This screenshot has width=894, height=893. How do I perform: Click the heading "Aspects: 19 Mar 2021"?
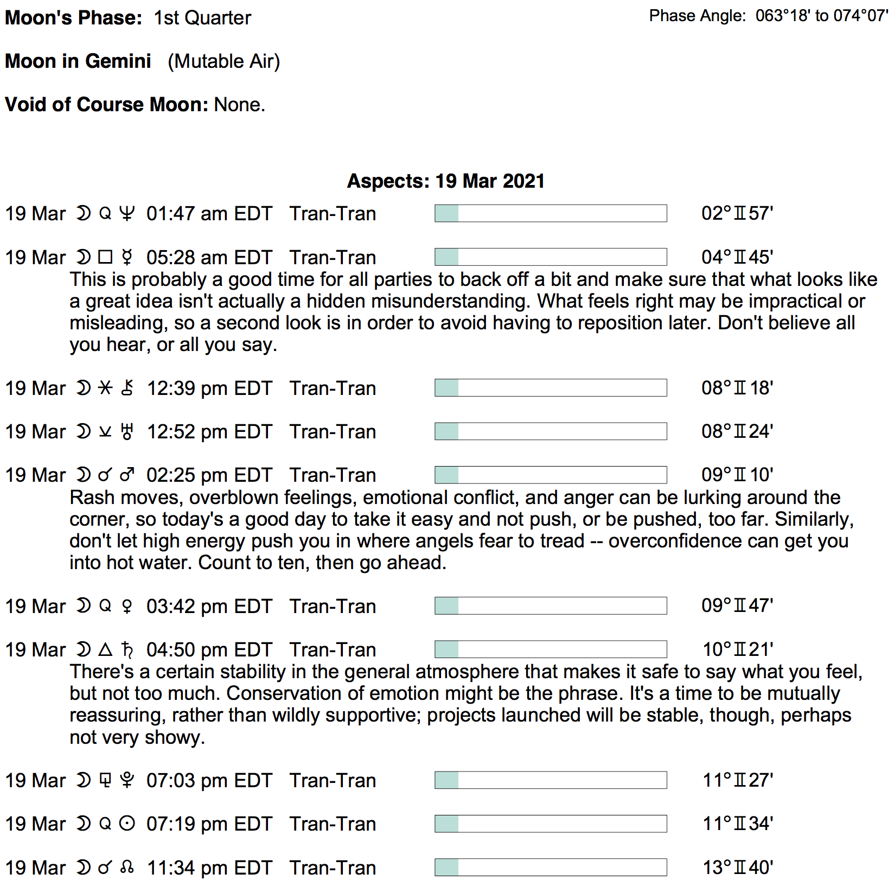click(x=446, y=181)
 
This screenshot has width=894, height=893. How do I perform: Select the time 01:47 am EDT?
click(x=209, y=214)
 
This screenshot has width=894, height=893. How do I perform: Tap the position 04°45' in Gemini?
click(x=737, y=257)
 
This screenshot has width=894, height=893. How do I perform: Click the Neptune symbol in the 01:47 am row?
click(x=127, y=214)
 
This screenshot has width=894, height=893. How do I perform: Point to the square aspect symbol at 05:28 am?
click(x=105, y=257)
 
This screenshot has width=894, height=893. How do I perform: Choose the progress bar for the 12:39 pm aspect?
click(x=551, y=388)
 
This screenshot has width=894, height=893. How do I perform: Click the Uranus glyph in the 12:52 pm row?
click(x=127, y=432)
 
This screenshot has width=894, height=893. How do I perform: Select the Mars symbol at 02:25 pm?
click(x=127, y=475)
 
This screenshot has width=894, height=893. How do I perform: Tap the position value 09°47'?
click(x=737, y=605)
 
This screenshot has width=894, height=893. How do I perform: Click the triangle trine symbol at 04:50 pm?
click(x=105, y=649)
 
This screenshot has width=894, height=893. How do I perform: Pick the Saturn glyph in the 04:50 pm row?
click(x=127, y=649)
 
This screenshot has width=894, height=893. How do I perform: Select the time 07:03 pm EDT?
click(x=209, y=781)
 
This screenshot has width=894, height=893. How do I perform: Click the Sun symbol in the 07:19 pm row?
click(x=127, y=824)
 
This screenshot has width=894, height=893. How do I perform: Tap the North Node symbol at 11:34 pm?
click(x=127, y=868)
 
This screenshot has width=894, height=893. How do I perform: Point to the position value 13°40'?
click(x=738, y=868)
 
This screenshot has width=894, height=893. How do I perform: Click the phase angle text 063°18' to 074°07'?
click(x=821, y=16)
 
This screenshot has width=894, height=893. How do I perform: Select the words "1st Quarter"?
click(x=202, y=18)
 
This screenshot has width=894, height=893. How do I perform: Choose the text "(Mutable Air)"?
click(x=224, y=61)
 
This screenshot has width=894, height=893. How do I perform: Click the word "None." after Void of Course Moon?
click(x=240, y=105)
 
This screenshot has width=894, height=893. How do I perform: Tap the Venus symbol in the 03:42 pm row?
click(x=127, y=606)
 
